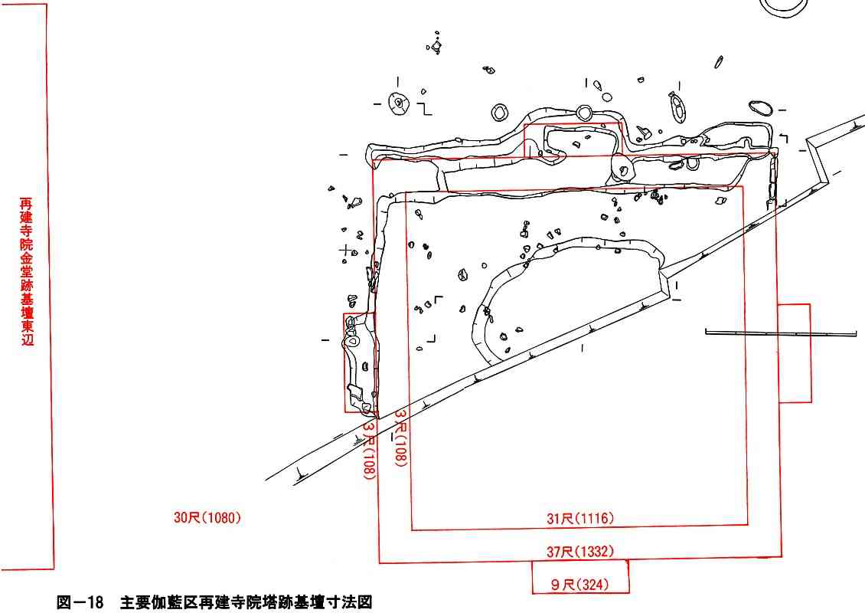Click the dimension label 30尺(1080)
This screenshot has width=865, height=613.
click(207, 518)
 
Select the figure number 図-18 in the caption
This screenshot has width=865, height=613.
click(80, 603)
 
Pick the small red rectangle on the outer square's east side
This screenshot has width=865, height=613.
click(794, 353)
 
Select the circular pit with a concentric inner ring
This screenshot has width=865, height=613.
click(397, 103)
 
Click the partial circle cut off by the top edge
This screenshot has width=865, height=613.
click(783, 6)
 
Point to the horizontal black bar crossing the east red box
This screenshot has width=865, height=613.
click(779, 333)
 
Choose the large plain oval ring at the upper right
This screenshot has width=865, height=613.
click(760, 107)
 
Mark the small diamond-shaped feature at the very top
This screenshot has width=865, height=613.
click(436, 47)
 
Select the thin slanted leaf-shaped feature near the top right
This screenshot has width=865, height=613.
click(719, 61)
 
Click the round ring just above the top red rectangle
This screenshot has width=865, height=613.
click(584, 113)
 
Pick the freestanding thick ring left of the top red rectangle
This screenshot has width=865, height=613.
click(500, 113)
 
